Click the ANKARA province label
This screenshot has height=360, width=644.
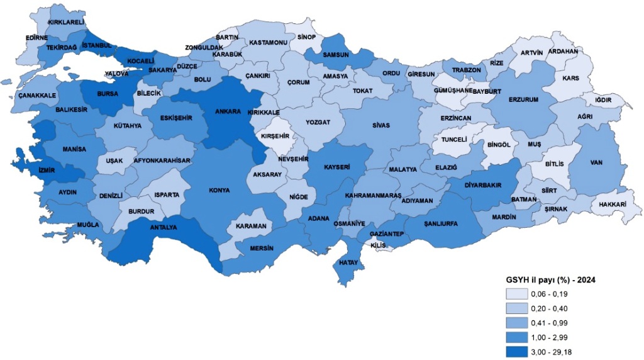click(228, 111)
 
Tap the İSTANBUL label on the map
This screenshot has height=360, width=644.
click(97, 45)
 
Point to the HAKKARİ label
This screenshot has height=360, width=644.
click(611, 205)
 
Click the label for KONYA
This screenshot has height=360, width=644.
click(219, 189)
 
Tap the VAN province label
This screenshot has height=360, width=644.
click(596, 162)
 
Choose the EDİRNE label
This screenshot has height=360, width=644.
click(37, 38)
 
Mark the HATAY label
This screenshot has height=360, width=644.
click(348, 262)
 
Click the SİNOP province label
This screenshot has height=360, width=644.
click(306, 37)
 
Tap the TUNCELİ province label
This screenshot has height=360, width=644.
click(453, 139)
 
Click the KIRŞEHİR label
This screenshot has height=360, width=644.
click(275, 136)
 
